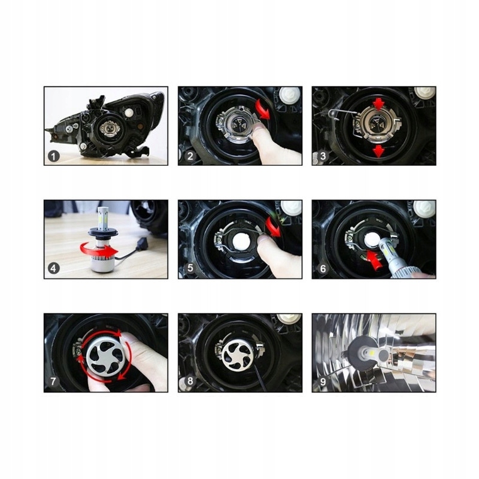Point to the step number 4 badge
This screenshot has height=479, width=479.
(54, 269)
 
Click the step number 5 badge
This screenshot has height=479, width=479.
(189, 269)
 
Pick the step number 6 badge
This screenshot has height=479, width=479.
(323, 269)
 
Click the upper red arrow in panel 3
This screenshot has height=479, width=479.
(378, 105)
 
